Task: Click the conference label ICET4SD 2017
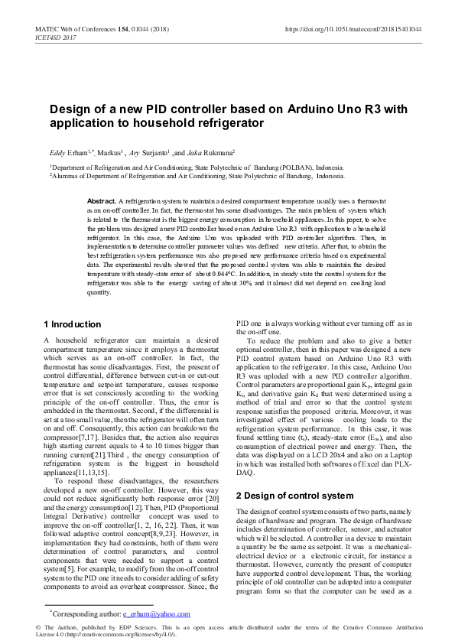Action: coord(56,37)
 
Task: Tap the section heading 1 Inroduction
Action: coord(73,324)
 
